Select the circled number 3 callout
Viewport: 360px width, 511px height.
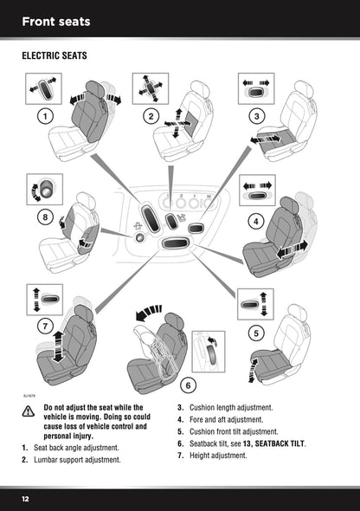pyautogui.click(x=256, y=116)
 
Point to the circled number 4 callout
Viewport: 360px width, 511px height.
pyautogui.click(x=256, y=220)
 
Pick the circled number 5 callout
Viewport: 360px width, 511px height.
pyautogui.click(x=255, y=333)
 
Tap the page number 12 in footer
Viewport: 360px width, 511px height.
pyautogui.click(x=27, y=499)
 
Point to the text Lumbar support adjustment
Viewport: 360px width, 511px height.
pyautogui.click(x=77, y=460)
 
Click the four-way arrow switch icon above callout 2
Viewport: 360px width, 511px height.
pyautogui.click(x=151, y=89)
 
